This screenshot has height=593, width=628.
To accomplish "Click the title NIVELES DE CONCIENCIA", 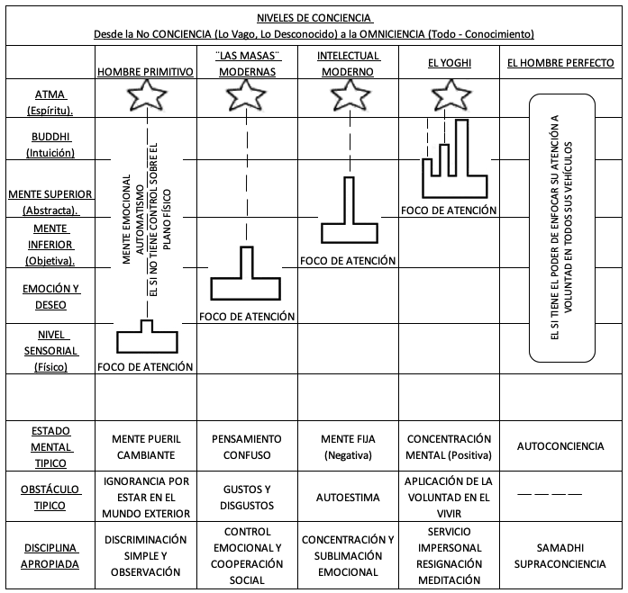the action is click(314, 18).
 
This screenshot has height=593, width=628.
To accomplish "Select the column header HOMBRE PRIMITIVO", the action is click(145, 72).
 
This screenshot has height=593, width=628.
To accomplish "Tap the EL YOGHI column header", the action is click(450, 63).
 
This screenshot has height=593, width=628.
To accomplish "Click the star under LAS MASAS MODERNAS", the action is click(246, 95).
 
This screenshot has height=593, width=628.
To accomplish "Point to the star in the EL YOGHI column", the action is click(451, 95).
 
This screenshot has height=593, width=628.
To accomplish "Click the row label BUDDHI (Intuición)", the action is click(50, 144).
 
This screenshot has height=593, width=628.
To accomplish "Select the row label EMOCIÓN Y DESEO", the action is click(50, 297).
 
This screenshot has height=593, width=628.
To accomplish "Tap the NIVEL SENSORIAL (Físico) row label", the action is click(50, 351).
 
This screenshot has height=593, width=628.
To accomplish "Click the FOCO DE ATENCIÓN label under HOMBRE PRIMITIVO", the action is click(145, 366).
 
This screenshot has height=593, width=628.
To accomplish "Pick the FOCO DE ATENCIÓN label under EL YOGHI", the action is click(449, 211).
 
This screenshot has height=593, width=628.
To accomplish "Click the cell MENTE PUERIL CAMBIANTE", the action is click(146, 447).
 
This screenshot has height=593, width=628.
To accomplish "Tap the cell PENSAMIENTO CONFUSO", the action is click(247, 447).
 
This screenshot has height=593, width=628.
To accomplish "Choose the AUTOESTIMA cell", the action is click(348, 498).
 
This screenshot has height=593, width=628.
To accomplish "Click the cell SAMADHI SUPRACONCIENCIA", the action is click(560, 556).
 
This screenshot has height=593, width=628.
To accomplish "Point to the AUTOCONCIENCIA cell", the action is click(560, 446).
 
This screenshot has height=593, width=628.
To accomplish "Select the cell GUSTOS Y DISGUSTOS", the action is click(247, 498).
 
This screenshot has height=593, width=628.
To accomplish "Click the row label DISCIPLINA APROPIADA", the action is click(50, 556).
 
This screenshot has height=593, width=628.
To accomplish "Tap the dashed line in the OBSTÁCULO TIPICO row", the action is click(550, 494).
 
